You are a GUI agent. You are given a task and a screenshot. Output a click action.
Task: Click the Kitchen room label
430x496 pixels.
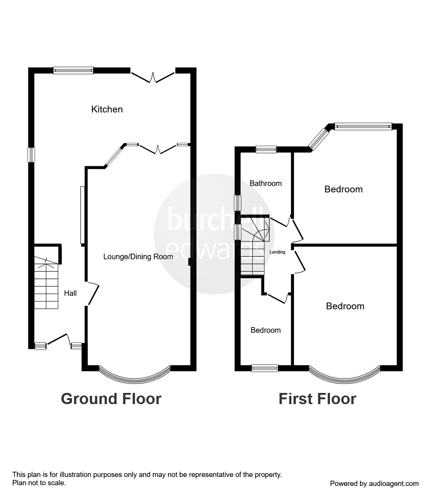(x=107, y=109)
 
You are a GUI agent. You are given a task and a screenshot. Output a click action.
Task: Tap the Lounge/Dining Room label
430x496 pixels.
(x=138, y=257)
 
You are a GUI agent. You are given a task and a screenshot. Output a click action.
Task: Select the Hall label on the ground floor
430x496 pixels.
(x=70, y=293)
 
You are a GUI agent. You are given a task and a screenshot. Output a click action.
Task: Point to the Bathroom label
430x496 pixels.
(x=265, y=183)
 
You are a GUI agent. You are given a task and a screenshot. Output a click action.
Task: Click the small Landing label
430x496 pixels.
(x=277, y=252)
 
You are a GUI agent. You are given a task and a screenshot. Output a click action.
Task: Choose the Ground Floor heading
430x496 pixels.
(x=111, y=399)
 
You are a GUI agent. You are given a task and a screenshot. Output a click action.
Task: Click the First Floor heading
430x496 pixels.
(x=317, y=399)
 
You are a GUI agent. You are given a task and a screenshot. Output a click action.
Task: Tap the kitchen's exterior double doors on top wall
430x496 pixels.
(x=152, y=76)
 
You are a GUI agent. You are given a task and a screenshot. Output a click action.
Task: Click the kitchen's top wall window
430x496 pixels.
(x=73, y=70)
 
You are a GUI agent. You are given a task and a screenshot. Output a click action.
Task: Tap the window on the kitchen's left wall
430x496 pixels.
(x=31, y=155)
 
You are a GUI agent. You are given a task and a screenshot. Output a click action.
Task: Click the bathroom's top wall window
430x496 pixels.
(x=266, y=149)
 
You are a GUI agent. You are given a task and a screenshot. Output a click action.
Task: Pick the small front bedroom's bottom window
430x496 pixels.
(x=265, y=368)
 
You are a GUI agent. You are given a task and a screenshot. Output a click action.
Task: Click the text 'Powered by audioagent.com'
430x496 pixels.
(x=374, y=484)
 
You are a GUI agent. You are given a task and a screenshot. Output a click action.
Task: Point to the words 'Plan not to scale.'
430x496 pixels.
(x=39, y=483)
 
